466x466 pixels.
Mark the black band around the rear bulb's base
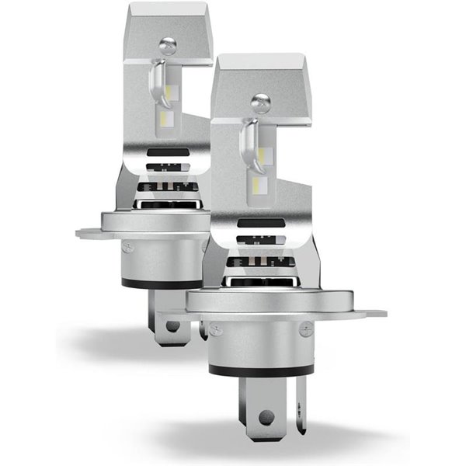(159, 284)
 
